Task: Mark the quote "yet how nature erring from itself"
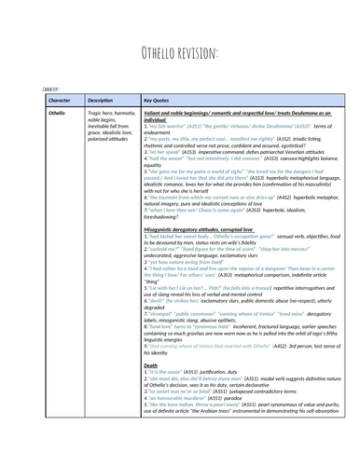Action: [190, 291]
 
